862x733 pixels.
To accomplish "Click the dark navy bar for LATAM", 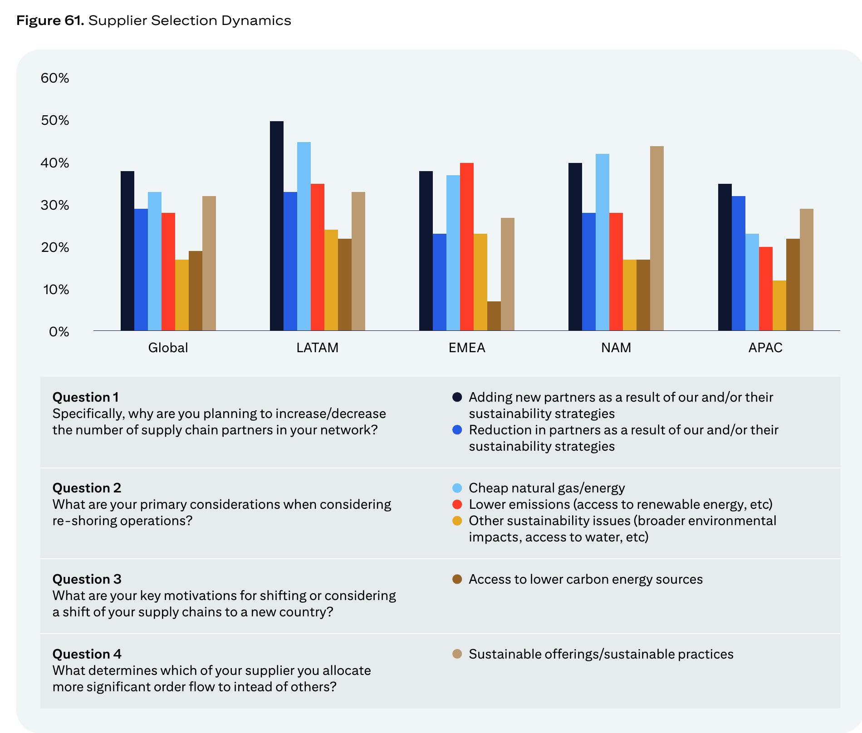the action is coord(277,226).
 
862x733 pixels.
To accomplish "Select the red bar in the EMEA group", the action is coord(467,246).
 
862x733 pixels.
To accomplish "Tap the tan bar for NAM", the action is coord(657,238).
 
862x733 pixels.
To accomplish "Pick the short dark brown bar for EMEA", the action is coord(494,316).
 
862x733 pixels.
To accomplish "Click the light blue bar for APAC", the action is coord(752,282).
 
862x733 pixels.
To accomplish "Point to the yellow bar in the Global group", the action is coord(182,295).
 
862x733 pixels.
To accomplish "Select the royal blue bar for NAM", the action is coord(589,271).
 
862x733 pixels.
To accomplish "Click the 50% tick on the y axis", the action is coord(55,120).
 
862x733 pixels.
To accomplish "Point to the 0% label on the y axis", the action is coord(59,332).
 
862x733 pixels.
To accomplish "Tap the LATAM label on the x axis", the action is coord(317,348).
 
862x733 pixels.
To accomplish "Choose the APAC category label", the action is coord(765,348).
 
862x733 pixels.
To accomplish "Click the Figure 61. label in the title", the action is coord(50,20).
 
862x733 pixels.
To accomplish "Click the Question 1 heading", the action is coord(86,397).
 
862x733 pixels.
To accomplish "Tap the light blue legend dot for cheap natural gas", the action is coord(457,488).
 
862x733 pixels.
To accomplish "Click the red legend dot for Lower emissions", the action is coord(457,504).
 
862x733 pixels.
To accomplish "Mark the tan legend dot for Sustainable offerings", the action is coord(457,654).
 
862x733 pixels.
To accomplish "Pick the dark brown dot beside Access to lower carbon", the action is coord(457,579).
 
